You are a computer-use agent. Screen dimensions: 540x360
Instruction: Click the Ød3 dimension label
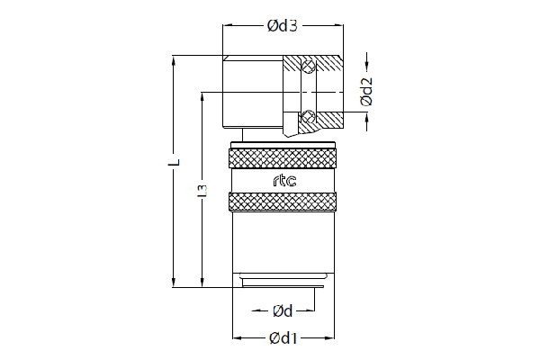click(283, 26)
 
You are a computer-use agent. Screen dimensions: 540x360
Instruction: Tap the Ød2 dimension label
click(366, 91)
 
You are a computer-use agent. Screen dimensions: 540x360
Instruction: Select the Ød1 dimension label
click(283, 338)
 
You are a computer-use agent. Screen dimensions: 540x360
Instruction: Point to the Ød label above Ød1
click(283, 311)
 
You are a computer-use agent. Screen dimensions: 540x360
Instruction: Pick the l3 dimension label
click(202, 191)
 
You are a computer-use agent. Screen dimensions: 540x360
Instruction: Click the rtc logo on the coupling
click(284, 181)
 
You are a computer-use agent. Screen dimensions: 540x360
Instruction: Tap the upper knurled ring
click(283, 158)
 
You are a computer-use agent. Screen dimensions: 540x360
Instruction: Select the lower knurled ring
click(283, 202)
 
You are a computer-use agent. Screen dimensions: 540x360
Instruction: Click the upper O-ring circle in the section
click(308, 66)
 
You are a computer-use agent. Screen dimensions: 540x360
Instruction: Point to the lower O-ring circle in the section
click(308, 116)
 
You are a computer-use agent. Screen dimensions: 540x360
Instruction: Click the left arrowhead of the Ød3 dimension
click(227, 25)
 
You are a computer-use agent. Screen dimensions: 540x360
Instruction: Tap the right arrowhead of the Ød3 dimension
click(339, 25)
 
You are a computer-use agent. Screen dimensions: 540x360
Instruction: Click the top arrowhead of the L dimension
click(174, 60)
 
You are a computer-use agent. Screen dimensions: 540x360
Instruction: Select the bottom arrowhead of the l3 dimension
click(202, 283)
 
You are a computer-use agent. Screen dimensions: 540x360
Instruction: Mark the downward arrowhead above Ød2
click(366, 67)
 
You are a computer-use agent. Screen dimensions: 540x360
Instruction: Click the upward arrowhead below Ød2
click(366, 118)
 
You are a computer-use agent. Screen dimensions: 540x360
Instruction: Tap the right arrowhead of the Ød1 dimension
click(329, 338)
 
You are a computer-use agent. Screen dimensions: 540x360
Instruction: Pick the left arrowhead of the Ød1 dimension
click(238, 338)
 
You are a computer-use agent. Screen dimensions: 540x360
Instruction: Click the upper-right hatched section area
click(328, 63)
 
